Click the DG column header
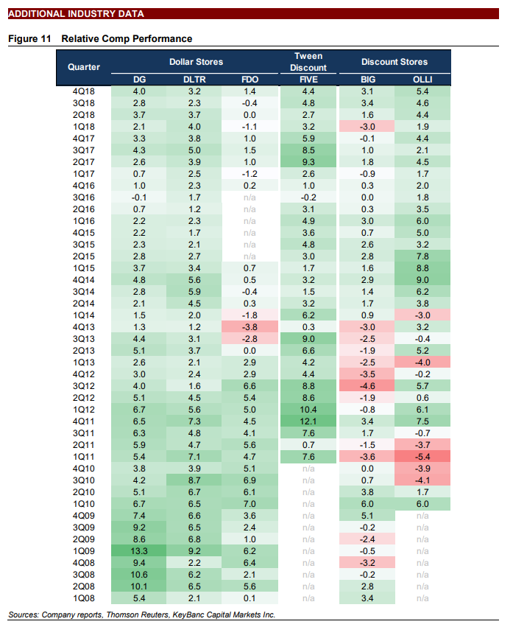tap(138, 80)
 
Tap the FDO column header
tap(250, 80)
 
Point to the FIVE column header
tap(308, 80)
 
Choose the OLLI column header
tap(422, 80)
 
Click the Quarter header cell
tap(84, 67)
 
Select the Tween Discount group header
tap(308, 62)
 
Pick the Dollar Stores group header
tap(196, 62)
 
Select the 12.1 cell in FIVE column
tap(308, 420)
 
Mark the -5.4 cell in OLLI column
tap(422, 458)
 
